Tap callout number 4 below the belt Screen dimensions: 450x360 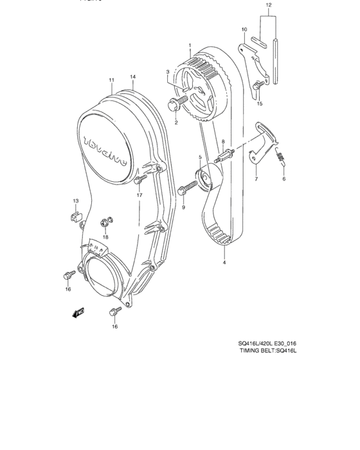click(224, 262)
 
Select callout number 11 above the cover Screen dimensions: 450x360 click(111, 80)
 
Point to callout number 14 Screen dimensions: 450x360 click(133, 77)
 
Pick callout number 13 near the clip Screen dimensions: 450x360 click(75, 201)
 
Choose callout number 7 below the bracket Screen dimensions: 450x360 click(255, 181)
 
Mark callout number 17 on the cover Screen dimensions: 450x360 click(138, 195)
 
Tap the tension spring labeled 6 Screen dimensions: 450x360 click(281, 160)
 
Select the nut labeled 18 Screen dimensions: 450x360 click(104, 223)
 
